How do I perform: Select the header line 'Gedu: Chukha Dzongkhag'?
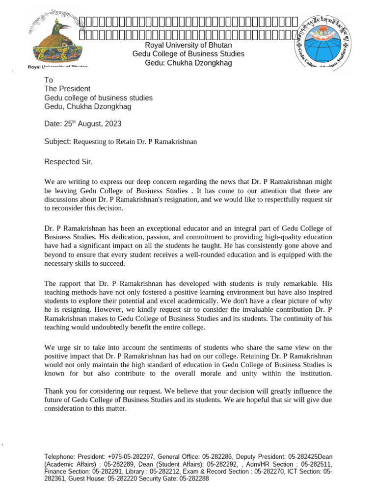coord(188,63)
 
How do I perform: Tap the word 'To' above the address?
coord(49,80)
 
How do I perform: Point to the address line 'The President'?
coord(67,89)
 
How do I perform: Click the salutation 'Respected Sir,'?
coord(68,162)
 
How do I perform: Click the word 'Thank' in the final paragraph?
coord(54,391)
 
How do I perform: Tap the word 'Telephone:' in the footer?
coord(60,457)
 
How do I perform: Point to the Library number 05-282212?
coord(163,472)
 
